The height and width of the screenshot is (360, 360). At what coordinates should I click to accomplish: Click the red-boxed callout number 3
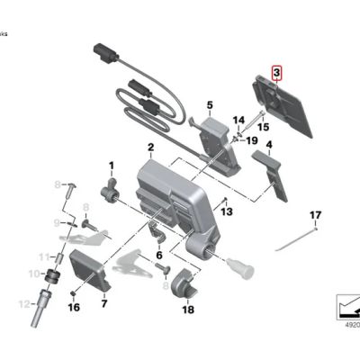click(277, 73)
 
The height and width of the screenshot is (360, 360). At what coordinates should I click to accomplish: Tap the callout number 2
click(151, 147)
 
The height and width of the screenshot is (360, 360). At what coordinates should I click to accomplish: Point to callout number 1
click(112, 166)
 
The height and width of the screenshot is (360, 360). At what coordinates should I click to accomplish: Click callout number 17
click(315, 214)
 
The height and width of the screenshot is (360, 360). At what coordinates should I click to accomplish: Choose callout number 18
click(187, 310)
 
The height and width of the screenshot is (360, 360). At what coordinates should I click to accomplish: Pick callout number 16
click(74, 307)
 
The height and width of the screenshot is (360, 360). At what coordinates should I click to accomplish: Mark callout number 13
click(227, 211)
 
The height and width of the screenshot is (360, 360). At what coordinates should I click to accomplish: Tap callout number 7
click(103, 304)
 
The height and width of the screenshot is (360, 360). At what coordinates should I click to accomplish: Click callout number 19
click(252, 140)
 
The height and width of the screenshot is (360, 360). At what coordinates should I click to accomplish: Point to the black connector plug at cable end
click(101, 51)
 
